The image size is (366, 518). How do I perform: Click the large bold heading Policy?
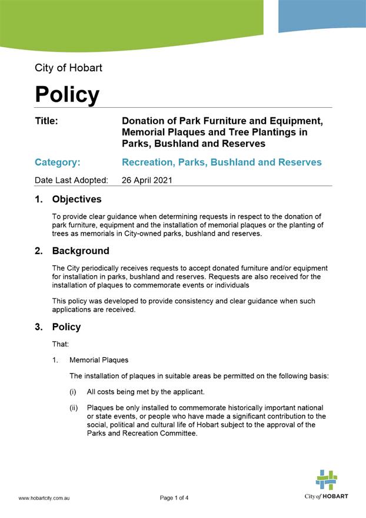[x=67, y=94]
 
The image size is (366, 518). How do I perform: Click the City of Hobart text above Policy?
[x=68, y=68]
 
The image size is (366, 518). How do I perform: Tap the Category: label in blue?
[x=58, y=162]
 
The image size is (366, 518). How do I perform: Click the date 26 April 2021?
[x=147, y=180]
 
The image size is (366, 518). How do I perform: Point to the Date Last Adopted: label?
[x=71, y=180]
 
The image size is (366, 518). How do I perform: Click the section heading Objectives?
[x=76, y=199]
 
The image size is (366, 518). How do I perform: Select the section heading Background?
[x=81, y=250]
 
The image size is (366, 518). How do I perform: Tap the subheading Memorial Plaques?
[x=99, y=359]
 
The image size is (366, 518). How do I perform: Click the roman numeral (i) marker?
[x=74, y=391]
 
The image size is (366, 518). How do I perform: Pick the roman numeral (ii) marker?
[x=75, y=408]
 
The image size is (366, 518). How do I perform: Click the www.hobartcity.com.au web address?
[x=44, y=498]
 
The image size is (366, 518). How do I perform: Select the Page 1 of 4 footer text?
[x=174, y=498]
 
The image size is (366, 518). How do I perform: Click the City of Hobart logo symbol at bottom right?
[x=326, y=480]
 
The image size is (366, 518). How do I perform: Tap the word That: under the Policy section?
[x=61, y=344]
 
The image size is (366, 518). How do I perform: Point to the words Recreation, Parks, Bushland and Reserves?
[x=221, y=162]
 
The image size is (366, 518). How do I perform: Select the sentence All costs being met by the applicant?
[x=155, y=391]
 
